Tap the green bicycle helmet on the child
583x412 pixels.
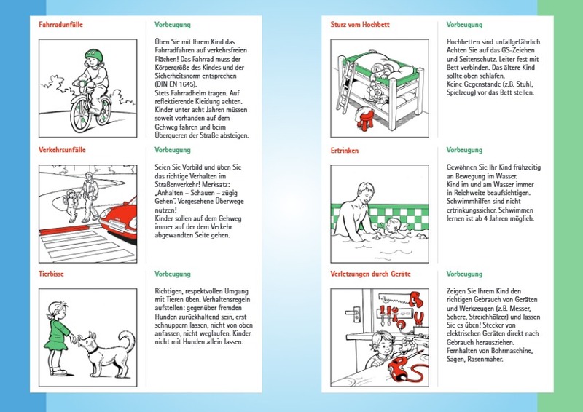tap(92, 55)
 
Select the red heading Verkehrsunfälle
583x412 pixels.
tap(61, 150)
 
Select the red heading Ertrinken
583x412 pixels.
tap(345, 150)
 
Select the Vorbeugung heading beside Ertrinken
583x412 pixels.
tap(464, 150)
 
